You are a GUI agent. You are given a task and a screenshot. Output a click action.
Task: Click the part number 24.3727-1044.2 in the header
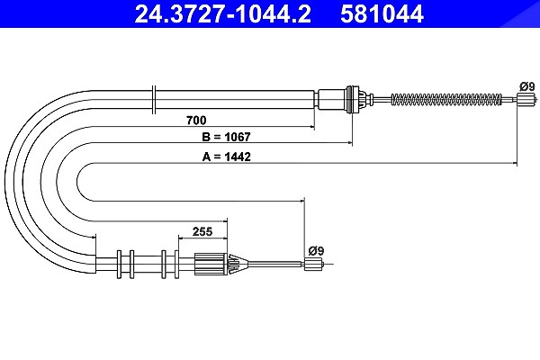[223, 14]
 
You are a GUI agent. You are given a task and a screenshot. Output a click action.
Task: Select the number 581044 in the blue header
[382, 14]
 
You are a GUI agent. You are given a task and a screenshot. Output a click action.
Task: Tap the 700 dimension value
[196, 121]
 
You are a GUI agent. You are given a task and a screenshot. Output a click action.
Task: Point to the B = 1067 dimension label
[226, 137]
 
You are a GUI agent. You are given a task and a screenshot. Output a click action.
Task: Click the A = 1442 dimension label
[226, 157]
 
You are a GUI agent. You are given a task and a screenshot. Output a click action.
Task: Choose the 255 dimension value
[202, 231]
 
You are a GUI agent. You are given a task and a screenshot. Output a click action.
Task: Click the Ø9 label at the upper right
[527, 86]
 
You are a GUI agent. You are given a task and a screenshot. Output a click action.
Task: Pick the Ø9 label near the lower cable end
[316, 251]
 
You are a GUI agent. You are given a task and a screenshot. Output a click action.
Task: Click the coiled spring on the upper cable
[446, 100]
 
